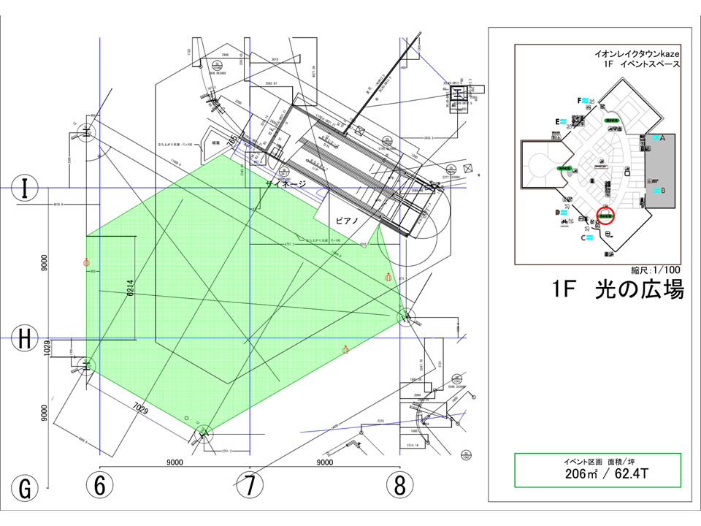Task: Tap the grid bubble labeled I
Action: point(26,188)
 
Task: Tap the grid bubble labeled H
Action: point(26,339)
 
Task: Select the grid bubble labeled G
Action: point(26,488)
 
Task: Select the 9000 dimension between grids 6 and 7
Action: point(175,462)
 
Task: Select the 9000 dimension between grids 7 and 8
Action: point(324,462)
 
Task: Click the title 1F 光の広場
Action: point(618,290)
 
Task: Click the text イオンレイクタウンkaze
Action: point(637,54)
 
